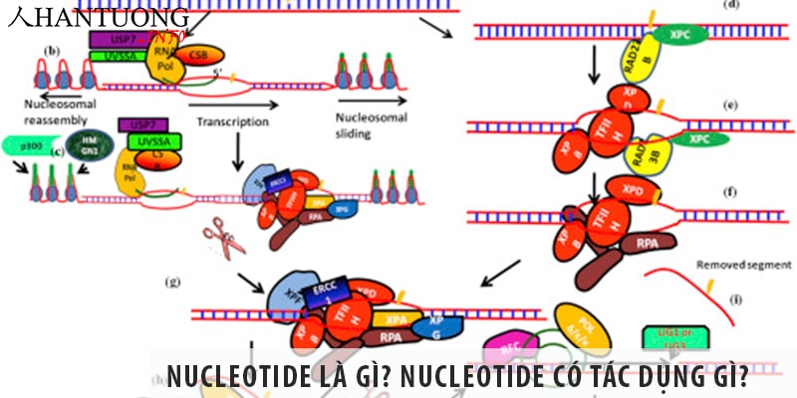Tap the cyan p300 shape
tap(31, 146)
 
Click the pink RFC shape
tap(508, 349)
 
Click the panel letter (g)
tap(174, 282)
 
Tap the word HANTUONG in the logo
tap(110, 17)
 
